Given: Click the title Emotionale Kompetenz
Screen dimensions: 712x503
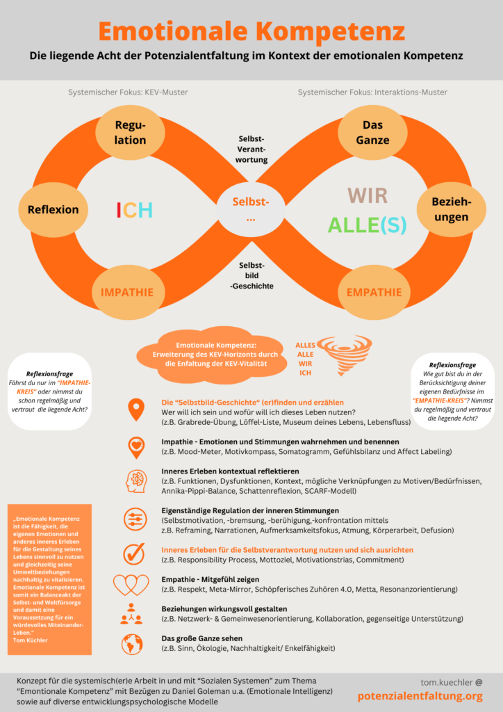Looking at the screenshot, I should coord(251,32).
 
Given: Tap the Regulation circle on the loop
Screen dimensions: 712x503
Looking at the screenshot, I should coord(131,131).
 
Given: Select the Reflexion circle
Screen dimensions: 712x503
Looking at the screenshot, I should coord(53,209).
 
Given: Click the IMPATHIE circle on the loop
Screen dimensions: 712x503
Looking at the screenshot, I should coord(127,292).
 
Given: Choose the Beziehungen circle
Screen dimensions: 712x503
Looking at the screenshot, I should coord(451,209).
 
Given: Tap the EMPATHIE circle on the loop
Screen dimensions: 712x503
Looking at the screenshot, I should coord(374,292).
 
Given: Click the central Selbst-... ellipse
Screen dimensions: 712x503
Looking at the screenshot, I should coord(251,209).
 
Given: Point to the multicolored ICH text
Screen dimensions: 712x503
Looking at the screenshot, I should coord(134,210).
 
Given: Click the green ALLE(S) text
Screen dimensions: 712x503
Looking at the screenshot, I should coord(368,225).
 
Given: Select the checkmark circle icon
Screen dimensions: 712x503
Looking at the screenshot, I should coord(133,553).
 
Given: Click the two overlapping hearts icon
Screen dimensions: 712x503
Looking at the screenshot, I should coord(131,584).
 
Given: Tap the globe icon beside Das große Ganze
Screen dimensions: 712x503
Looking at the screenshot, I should coord(132,644).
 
